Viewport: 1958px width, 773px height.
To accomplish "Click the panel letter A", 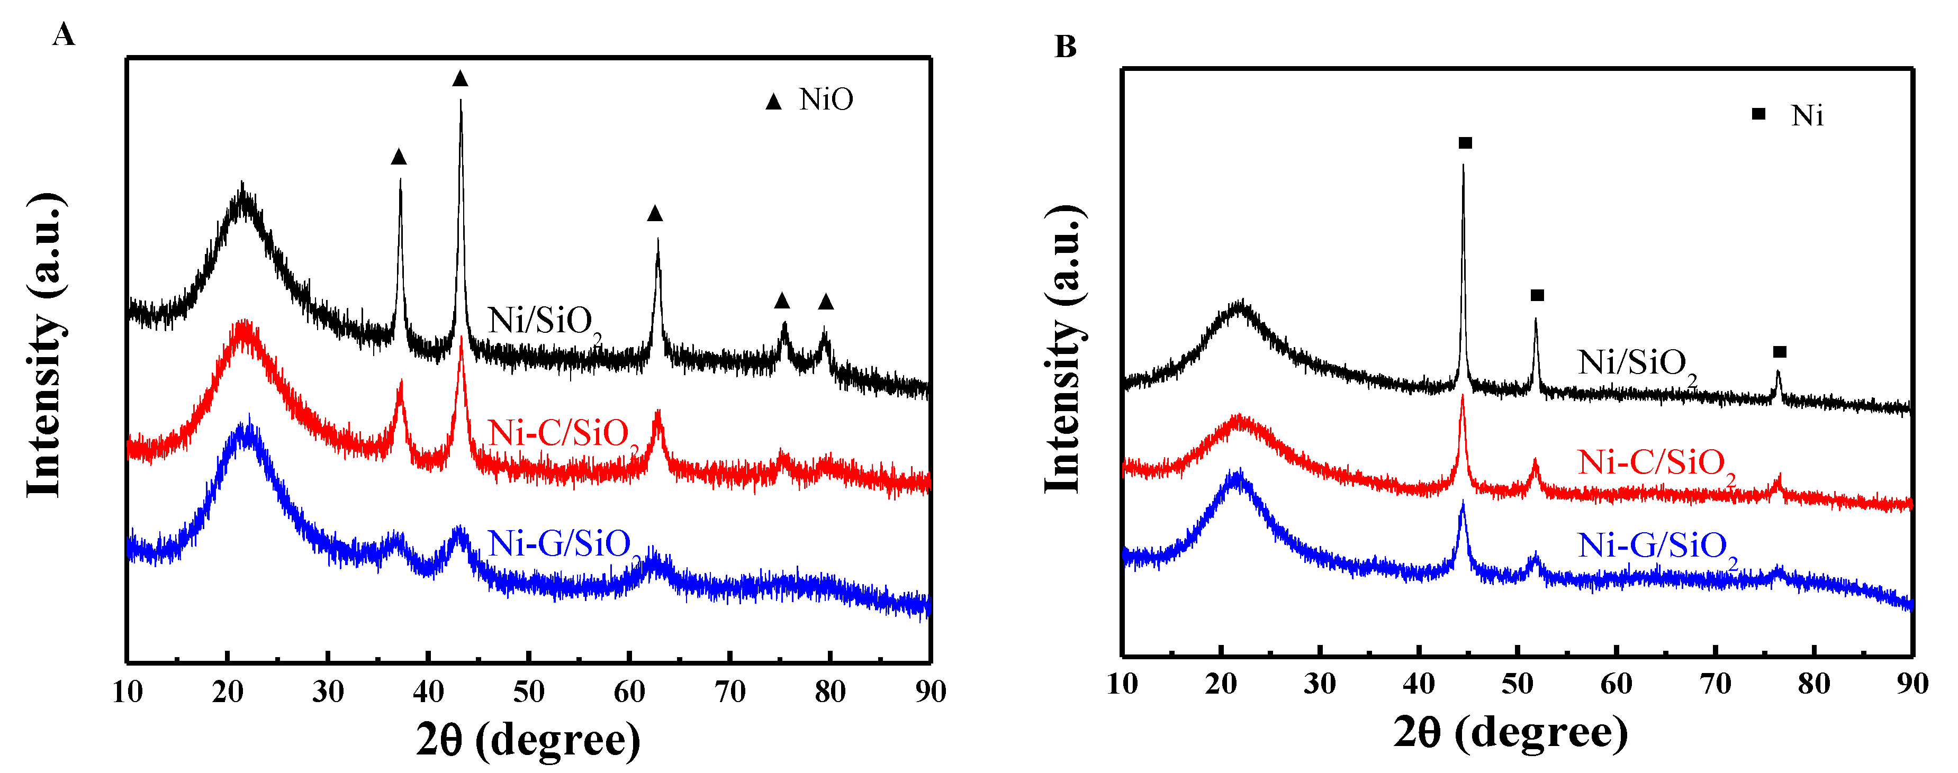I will tap(64, 35).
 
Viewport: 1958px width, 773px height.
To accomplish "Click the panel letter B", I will tap(1065, 47).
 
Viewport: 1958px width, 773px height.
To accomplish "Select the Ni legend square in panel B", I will tap(1758, 114).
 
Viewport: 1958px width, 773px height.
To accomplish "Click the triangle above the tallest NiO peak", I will tap(460, 79).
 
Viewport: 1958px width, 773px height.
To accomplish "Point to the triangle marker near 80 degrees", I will tap(826, 303).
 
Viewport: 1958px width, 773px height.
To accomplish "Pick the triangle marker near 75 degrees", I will tap(782, 301).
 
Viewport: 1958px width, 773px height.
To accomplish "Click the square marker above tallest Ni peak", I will tap(1466, 143).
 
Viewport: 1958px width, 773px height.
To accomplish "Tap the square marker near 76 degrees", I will tap(1780, 352).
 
